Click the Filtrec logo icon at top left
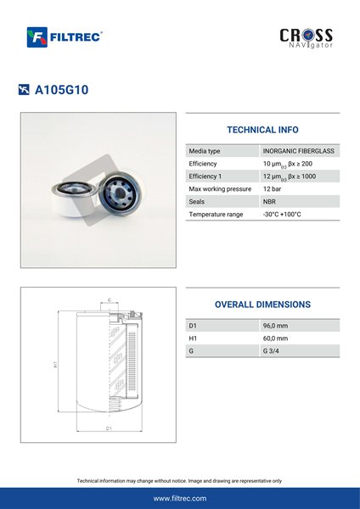pos(37,37)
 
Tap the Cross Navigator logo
pos(306,38)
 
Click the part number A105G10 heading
pos(61,90)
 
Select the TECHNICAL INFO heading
pos(262,130)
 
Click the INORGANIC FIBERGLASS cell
pos(299,151)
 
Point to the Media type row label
pos(205,151)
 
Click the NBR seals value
pos(269,202)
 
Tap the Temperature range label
pos(216,215)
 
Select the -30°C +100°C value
pos(282,215)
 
